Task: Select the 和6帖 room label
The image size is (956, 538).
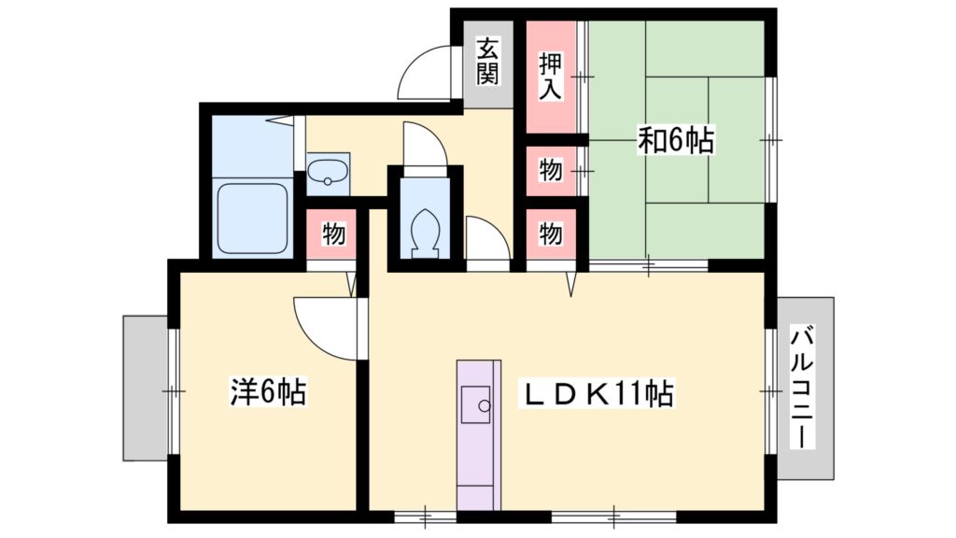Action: click(676, 140)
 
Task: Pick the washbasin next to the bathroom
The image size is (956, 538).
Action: click(328, 173)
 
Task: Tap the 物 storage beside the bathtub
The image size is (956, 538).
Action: click(332, 234)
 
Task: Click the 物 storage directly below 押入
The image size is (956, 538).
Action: click(551, 171)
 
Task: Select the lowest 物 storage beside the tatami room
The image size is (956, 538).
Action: click(551, 234)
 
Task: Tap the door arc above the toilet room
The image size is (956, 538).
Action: click(425, 145)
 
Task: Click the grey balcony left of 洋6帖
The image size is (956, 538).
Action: click(145, 388)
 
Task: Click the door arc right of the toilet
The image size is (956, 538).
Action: click(487, 238)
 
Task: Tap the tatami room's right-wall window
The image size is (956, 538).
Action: click(771, 138)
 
